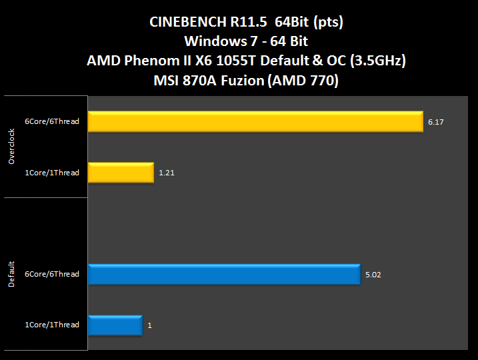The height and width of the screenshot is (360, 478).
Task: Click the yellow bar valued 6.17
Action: (x=255, y=122)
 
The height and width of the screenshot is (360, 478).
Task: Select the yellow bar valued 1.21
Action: (x=121, y=173)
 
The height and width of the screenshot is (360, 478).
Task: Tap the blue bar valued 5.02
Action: (x=224, y=274)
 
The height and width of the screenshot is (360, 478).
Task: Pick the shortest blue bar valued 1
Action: (x=115, y=325)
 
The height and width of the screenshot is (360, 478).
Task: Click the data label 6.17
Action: (x=435, y=123)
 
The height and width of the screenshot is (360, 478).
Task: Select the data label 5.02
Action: (x=372, y=275)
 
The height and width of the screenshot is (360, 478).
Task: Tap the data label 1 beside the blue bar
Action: (x=149, y=325)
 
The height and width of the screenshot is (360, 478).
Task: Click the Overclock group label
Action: (x=11, y=148)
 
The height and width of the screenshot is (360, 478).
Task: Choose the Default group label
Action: (x=11, y=275)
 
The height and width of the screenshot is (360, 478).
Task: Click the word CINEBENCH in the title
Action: (x=186, y=22)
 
